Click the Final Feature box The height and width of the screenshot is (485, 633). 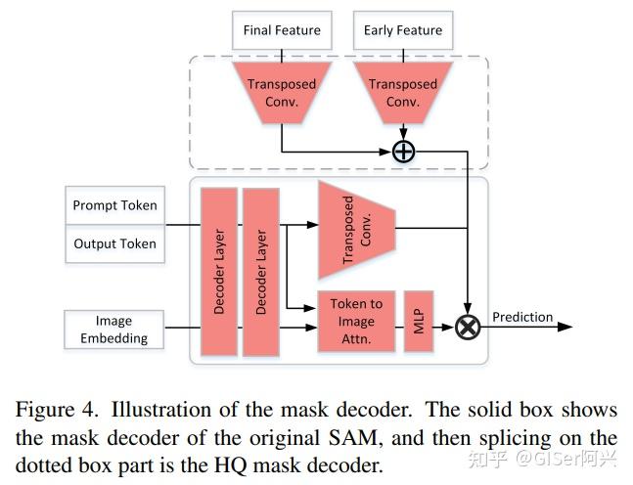point(282,30)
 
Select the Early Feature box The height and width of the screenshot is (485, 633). point(403,30)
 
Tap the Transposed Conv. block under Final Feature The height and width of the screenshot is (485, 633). point(282,92)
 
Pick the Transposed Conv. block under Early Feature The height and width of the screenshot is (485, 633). point(403,92)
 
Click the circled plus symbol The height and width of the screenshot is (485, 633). point(403,151)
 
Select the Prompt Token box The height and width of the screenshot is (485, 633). point(114,206)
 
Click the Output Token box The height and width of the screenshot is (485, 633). point(114,243)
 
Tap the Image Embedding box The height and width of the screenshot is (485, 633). point(113,330)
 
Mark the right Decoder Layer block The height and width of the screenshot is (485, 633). point(260,273)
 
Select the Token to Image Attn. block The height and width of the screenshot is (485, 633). point(356,321)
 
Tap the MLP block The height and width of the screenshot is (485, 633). point(418,322)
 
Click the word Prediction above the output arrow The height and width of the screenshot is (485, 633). point(522,317)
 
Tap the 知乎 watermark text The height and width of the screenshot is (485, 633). point(487,458)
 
